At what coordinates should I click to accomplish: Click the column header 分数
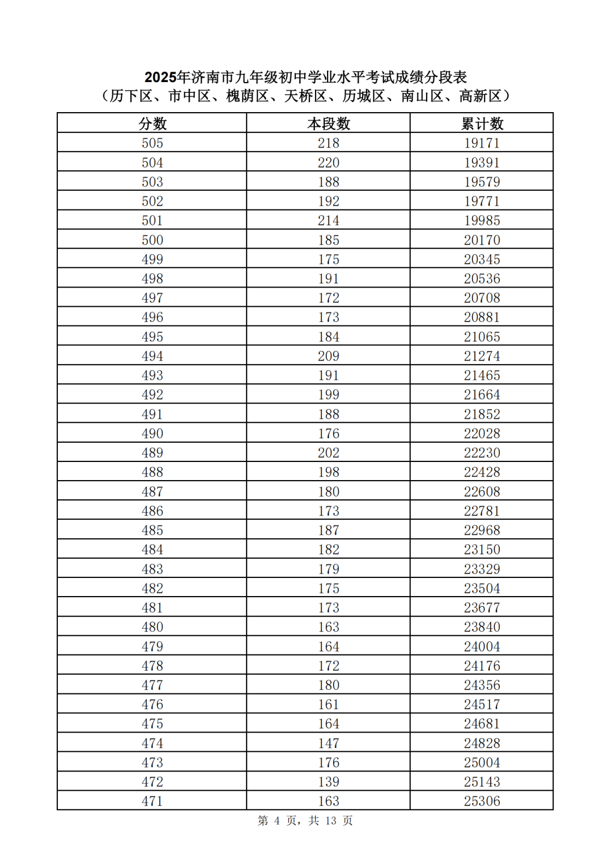pos(152,123)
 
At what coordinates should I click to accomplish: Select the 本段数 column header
pos(329,123)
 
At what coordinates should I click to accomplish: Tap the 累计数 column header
pos(482,123)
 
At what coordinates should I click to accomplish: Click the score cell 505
pos(152,143)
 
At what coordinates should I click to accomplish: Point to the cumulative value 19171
pos(482,143)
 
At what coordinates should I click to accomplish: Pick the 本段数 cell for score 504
pos(329,163)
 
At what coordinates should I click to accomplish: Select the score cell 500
pos(152,240)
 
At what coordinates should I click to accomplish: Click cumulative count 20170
pos(482,240)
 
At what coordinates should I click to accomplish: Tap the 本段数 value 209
pos(329,356)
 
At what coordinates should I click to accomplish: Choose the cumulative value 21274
pos(482,356)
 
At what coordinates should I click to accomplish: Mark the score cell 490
pos(152,434)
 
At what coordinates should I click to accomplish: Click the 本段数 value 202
pos(329,453)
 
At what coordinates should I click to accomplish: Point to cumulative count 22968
pos(482,530)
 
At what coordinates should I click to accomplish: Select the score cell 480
pos(152,627)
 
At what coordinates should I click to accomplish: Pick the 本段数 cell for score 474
pos(329,743)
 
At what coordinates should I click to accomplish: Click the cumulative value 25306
pos(482,801)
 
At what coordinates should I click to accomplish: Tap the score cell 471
pos(152,801)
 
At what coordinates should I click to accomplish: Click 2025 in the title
pos(160,77)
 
